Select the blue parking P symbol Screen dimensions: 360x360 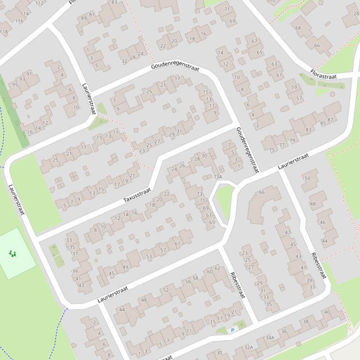coord(232,331)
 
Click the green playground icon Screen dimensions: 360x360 coord(13,254)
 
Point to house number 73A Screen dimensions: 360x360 coord(217,177)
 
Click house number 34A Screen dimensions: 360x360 coord(270,337)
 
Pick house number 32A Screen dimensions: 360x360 coord(249,347)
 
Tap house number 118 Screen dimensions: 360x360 coord(4,32)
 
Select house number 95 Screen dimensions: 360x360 coord(15,84)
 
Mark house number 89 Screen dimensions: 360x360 coord(84,18)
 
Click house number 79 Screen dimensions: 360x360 coord(292,141)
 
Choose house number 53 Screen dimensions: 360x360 coord(149,256)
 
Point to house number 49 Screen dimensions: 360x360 coord(125,267)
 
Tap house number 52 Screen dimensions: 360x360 coord(166,290)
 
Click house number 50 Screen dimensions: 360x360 coord(307,178)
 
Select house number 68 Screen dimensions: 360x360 coord(298,28)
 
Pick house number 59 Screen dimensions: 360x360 coord(294,87)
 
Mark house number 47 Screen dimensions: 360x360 coord(288,232)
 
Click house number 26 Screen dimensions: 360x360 coord(182,166)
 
